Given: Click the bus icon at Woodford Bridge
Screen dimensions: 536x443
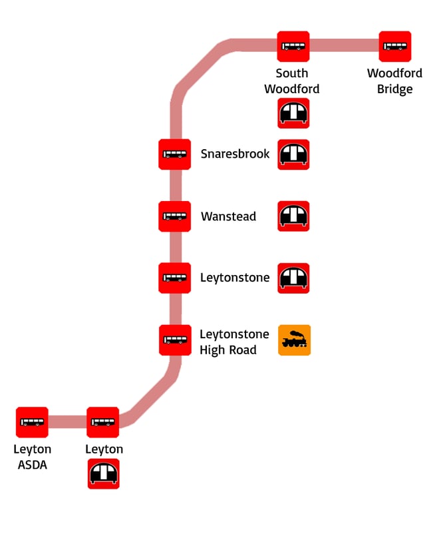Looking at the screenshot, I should click(395, 47).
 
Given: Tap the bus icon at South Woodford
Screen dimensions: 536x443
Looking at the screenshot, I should click(293, 47).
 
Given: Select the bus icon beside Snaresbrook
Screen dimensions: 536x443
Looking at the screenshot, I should click(175, 154).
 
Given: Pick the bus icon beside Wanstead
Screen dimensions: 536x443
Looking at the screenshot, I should click(175, 216).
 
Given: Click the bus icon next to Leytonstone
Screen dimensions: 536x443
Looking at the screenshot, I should click(175, 278).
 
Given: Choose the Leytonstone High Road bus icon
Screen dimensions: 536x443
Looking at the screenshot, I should click(175, 340).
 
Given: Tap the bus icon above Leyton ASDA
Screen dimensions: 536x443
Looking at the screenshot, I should click(32, 422).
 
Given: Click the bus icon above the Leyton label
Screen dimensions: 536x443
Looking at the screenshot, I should click(103, 422).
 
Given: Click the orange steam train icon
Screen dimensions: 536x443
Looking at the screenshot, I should click(294, 340).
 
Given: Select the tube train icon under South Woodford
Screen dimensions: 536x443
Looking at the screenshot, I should click(293, 113).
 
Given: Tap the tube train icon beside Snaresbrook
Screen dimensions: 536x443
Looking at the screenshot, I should click(293, 154).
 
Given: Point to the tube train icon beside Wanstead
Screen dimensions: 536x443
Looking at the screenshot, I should click(293, 216).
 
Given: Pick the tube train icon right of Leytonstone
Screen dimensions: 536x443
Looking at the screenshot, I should click(293, 278).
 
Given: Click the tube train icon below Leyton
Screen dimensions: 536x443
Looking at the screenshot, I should click(104, 473).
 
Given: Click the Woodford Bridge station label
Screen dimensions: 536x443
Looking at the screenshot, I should click(394, 81).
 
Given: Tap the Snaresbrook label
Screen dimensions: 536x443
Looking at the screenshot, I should click(235, 154).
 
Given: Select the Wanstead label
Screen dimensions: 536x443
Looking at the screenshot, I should click(228, 216).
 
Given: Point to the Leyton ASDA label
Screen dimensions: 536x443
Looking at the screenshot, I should click(32, 457).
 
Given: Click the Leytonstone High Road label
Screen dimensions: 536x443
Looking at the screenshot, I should click(234, 342).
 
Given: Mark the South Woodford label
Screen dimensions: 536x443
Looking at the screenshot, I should click(292, 81).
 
